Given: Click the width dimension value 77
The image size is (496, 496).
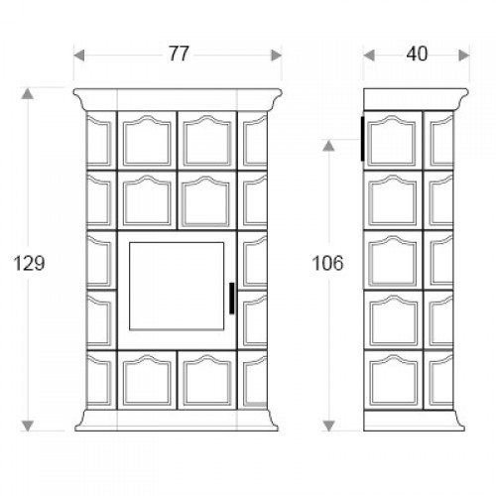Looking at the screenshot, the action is coord(179,54).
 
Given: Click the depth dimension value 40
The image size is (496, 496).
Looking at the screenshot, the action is coord(417,54).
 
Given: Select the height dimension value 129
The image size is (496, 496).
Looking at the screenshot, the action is coord(29,264).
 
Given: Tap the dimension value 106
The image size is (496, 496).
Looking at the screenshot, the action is coord(328,264).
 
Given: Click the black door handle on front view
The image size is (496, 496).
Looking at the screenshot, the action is coord(232,299).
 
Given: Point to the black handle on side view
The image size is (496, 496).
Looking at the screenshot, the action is coord(362,139).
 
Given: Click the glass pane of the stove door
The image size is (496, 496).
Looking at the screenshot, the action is coord(177,286).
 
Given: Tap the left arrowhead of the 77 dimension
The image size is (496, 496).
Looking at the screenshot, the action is coord(79,56).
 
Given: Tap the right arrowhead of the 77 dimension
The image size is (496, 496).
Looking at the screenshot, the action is coord(276,56).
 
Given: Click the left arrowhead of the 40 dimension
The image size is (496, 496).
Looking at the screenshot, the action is coord(369,56).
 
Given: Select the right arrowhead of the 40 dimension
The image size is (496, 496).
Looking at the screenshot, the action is coord(464,56).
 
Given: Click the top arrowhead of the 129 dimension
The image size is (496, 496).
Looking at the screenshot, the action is coord(28,93).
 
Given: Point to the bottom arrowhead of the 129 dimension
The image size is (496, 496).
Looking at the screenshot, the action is coord(28,426).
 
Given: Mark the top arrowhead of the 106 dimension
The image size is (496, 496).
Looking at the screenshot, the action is coord(328,146).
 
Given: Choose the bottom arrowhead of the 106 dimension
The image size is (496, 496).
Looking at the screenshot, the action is coord(328,426).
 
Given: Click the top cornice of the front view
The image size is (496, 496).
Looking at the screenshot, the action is coord(178,99).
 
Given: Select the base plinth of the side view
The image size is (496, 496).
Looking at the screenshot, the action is coord(414,421).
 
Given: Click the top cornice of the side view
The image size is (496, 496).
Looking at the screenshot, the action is coord(416,99).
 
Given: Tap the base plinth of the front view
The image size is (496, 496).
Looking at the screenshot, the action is coord(177,421).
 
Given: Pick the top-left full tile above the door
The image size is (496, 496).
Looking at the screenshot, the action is coord(147,141).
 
